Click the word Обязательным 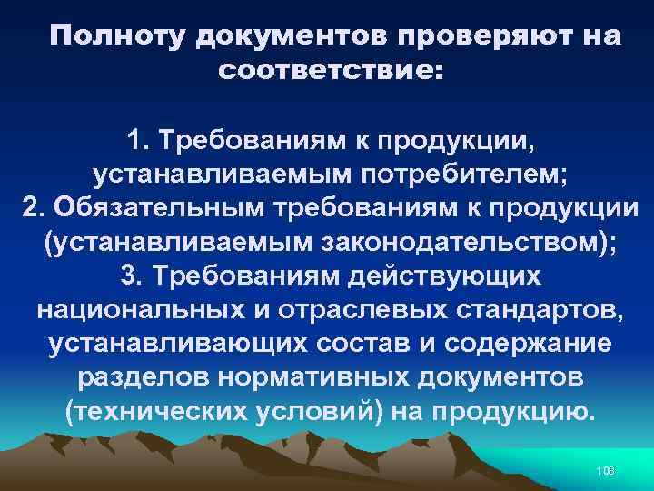pyautogui.click(x=154, y=206)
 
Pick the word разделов pyautogui.click(x=158, y=376)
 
